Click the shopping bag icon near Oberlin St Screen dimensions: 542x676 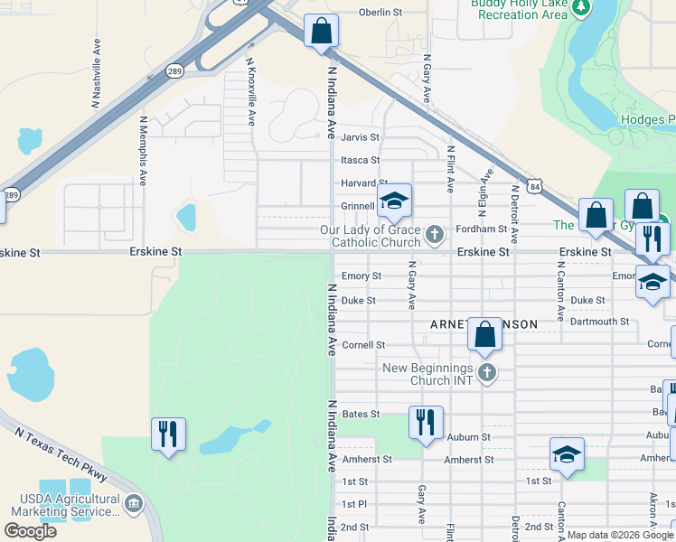coord(321,31)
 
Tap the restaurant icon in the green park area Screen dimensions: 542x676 coord(169,435)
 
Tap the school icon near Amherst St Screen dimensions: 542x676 coord(567,453)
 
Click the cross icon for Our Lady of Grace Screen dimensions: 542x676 coord(436,236)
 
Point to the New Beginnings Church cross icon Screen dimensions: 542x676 coord(487,374)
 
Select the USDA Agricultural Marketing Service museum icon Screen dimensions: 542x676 coord(134,504)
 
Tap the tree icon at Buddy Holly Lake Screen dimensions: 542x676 coord(582,8)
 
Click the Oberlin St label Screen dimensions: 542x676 coord(380,13)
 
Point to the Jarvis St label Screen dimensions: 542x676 coord(360,137)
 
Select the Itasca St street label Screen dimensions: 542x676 coord(360,161)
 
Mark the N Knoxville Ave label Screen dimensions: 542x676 coord(251,92)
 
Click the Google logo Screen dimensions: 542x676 coord(31,531)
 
